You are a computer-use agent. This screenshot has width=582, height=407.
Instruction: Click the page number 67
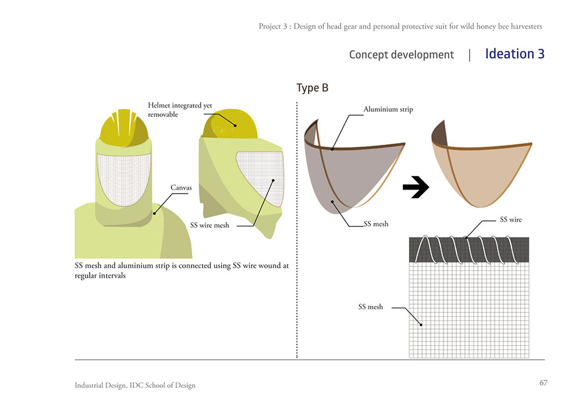coord(543,383)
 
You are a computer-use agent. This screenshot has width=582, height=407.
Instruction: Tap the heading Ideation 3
coord(514,54)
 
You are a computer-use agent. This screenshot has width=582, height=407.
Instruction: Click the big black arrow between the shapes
coord(416,187)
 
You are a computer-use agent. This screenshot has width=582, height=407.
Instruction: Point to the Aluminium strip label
coord(388,109)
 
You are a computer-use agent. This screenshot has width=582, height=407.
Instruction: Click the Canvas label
coord(181,188)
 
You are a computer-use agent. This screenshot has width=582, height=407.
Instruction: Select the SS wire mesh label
coord(210,225)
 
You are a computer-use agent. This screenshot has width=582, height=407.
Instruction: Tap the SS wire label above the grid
coord(511,220)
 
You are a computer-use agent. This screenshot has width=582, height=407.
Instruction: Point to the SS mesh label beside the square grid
coord(370,306)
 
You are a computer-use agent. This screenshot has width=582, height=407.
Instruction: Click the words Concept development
coord(401,55)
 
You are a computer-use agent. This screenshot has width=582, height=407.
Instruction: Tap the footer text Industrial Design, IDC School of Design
coord(135,385)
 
